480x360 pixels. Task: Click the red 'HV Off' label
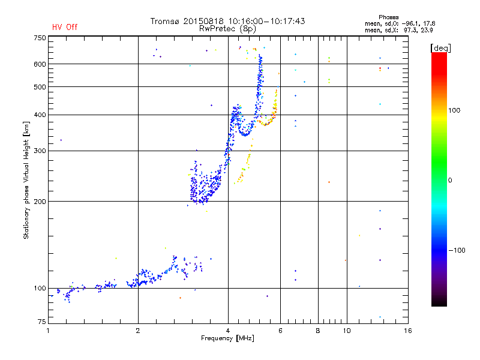pyautogui.click(x=64, y=27)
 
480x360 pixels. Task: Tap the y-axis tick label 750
pyautogui.click(x=40, y=38)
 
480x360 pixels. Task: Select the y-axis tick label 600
pyautogui.click(x=40, y=64)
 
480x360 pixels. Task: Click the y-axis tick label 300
pyautogui.click(x=40, y=151)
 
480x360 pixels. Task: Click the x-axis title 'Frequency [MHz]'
pyautogui.click(x=228, y=338)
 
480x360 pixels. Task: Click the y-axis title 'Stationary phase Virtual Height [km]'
pyautogui.click(x=26, y=180)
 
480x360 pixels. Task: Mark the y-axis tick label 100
pyautogui.click(x=40, y=289)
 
